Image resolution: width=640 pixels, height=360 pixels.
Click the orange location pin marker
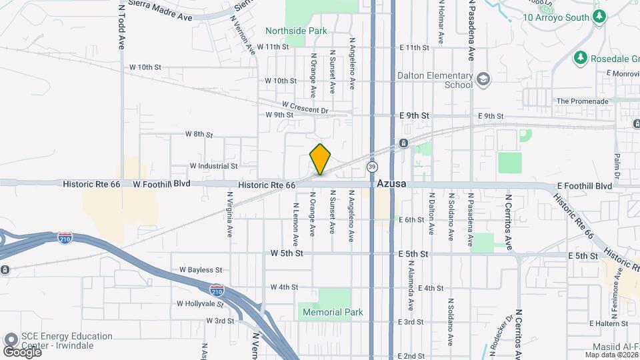[x=321, y=159]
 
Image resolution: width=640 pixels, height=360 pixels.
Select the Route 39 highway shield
[x=372, y=165]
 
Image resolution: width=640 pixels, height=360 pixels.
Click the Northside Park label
[x=296, y=31]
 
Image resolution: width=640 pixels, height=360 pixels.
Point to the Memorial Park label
[x=332, y=312]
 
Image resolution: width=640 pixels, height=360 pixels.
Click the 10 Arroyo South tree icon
[x=599, y=16]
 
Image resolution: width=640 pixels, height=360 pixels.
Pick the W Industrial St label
[x=213, y=165]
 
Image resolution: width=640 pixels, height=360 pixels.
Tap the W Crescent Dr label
[x=305, y=107]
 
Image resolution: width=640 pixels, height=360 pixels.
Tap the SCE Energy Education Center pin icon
[x=11, y=340]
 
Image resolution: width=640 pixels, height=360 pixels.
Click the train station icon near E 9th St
[x=403, y=143]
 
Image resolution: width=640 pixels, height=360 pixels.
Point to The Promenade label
[x=583, y=101]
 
